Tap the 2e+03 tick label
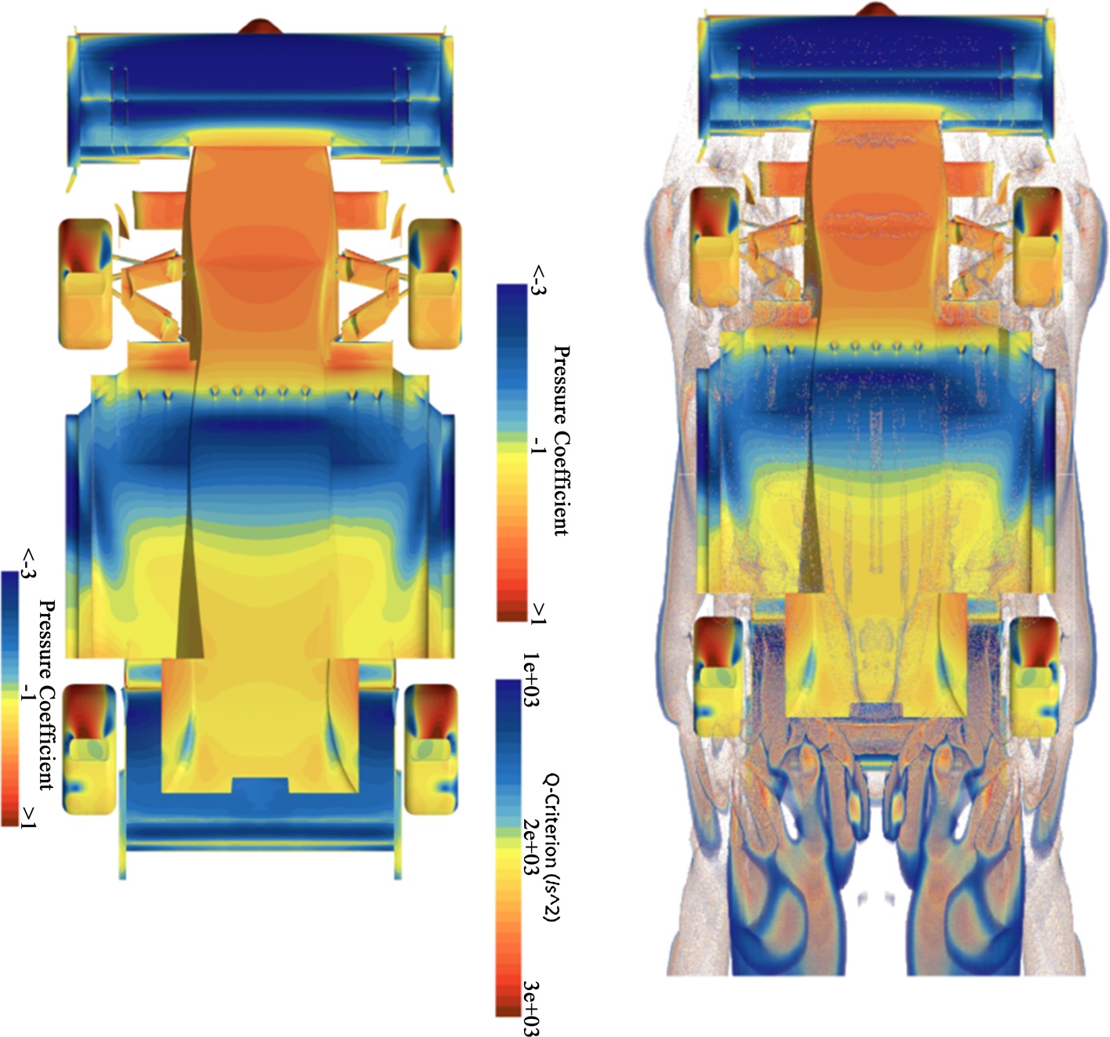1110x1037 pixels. [x=531, y=847]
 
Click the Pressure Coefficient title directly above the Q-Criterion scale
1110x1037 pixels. [x=561, y=440]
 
